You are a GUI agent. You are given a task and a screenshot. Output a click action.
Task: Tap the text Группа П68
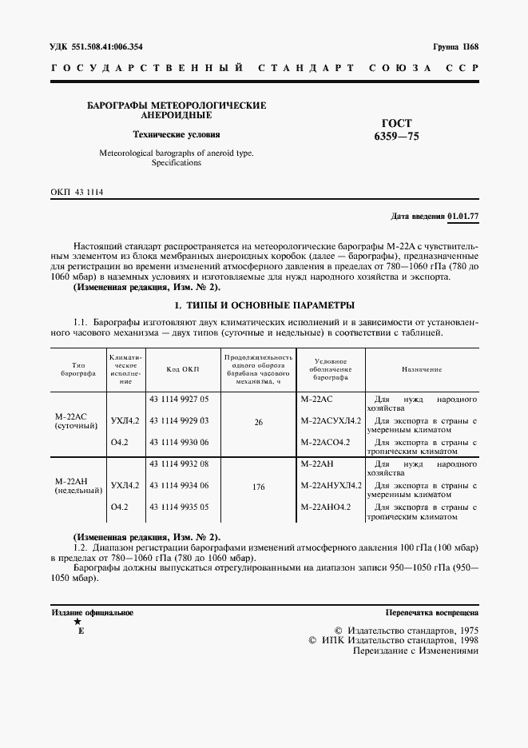point(455,47)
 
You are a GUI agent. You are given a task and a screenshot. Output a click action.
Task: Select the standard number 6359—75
point(397,137)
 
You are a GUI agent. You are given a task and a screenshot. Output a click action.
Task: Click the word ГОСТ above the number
point(397,123)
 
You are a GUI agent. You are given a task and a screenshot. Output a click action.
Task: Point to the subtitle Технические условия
point(176,134)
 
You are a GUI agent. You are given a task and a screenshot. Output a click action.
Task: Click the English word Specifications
point(176,163)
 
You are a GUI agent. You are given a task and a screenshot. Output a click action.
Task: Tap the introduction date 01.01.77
point(462,217)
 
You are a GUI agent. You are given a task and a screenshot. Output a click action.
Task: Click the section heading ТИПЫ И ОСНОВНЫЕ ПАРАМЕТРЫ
point(264,306)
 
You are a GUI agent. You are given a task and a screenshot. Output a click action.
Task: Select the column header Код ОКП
point(182,368)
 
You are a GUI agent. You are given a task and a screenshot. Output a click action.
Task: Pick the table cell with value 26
point(258,422)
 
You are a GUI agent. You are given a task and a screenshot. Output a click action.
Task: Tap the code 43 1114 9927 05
point(179,398)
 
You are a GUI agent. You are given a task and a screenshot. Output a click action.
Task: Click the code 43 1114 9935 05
point(179,507)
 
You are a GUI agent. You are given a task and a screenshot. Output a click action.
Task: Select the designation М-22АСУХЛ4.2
point(331,420)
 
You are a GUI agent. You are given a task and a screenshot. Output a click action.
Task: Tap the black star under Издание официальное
point(77,622)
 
